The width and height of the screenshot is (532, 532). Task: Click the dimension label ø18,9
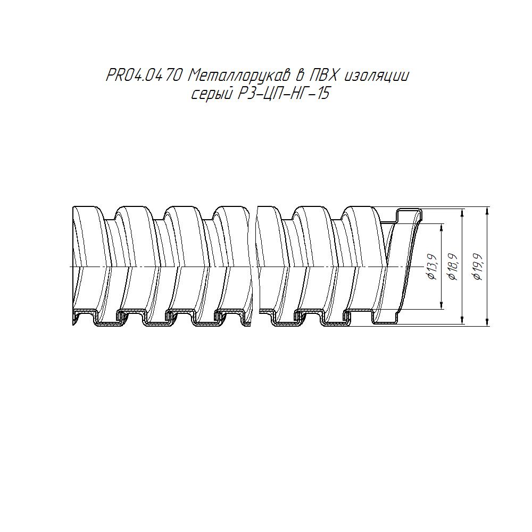453,267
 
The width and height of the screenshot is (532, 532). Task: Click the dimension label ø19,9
478,267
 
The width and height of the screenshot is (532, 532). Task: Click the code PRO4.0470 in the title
145,76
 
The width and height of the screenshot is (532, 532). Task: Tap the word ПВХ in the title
324,76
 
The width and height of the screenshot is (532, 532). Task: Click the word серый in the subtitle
212,94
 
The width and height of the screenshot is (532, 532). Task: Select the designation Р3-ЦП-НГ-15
284,94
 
